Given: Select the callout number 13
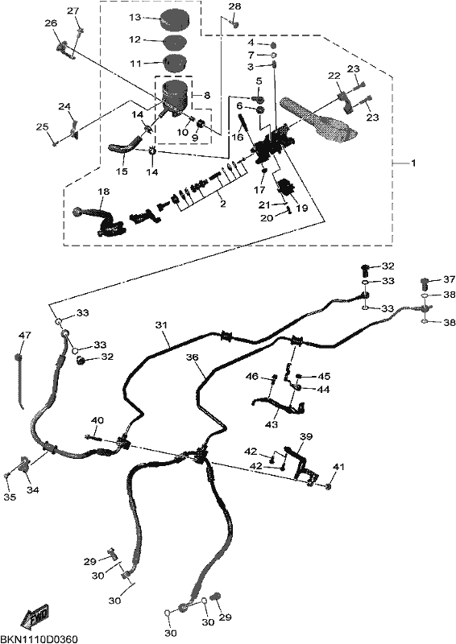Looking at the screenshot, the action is [x=135, y=17].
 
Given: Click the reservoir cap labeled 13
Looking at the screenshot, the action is [x=173, y=19].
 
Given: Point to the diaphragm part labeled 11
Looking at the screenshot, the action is [x=175, y=63].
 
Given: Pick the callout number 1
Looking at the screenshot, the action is [x=413, y=163].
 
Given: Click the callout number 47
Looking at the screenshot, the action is [x=25, y=335].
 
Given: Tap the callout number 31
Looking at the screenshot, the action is [x=162, y=325].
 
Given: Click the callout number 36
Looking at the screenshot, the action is [x=192, y=357].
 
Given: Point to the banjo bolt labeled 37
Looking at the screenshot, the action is [x=425, y=283].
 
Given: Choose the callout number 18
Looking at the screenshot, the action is [x=104, y=192].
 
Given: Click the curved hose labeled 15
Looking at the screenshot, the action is [x=124, y=146].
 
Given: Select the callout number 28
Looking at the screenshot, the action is [x=234, y=6].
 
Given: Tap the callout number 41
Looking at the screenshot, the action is [x=339, y=467].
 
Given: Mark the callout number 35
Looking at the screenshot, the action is [x=10, y=497].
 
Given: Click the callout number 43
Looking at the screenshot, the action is [x=272, y=425].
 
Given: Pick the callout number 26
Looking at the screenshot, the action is [x=51, y=24].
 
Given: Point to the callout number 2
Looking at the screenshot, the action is [x=223, y=204].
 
